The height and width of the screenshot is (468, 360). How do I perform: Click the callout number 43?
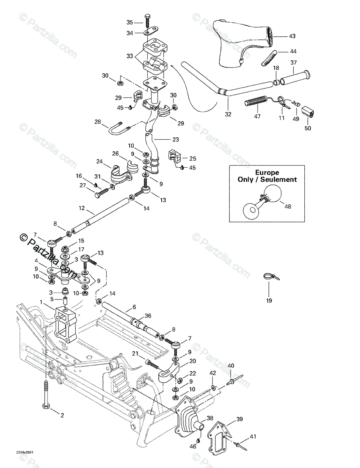(292, 36)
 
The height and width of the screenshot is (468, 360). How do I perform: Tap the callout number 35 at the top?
(130, 22)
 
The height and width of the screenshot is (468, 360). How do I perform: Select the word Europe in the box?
(267, 172)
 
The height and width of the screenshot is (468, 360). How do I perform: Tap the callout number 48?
(288, 206)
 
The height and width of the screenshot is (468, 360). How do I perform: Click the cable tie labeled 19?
(270, 277)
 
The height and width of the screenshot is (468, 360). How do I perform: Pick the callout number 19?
(269, 301)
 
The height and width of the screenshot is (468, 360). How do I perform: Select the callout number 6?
(123, 307)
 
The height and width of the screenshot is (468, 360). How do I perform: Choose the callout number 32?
(228, 114)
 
